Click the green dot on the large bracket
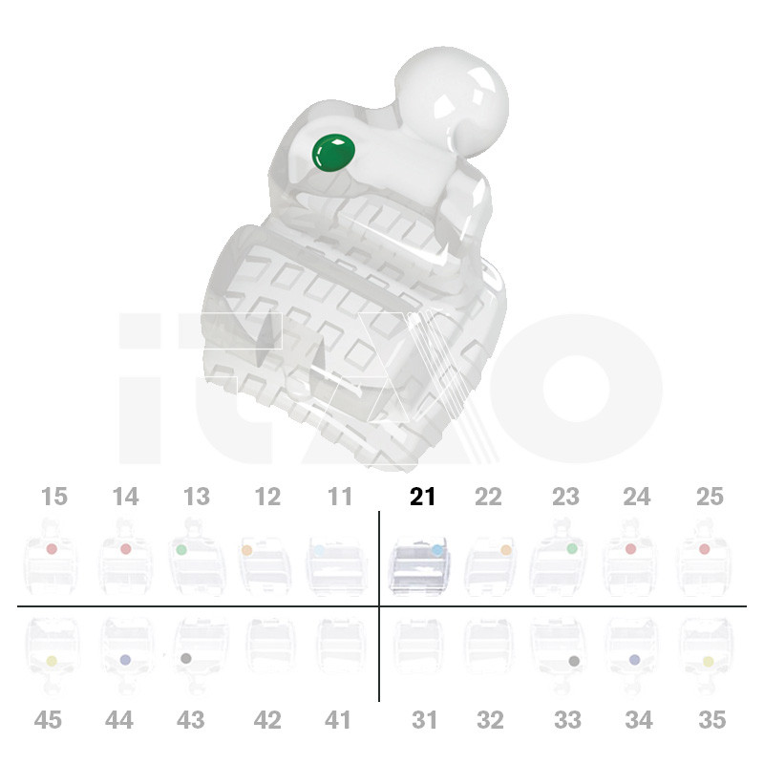[333, 153]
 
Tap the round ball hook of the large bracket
[451, 101]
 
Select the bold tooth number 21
[422, 497]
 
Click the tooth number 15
[54, 497]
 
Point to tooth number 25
[710, 497]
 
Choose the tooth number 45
[48, 720]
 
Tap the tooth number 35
[712, 720]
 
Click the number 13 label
[197, 497]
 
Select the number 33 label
[567, 720]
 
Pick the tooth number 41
[337, 720]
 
